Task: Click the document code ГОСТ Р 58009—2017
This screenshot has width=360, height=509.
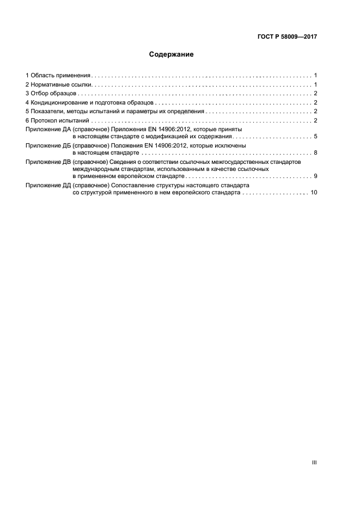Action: (287, 37)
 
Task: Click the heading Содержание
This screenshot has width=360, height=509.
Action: (171, 55)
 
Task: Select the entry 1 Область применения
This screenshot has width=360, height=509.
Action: (58, 75)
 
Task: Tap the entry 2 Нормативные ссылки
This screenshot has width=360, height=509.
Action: (59, 84)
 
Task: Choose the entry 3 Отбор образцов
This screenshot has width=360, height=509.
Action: (51, 94)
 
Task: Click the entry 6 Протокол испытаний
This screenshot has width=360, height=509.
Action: (57, 120)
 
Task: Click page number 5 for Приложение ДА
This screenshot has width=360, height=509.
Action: (315, 137)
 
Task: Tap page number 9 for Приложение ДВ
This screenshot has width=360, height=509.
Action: (315, 176)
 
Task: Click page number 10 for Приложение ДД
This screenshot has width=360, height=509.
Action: (314, 193)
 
